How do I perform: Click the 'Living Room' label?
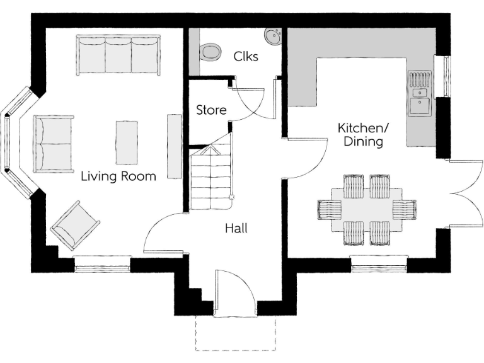(x=118, y=176)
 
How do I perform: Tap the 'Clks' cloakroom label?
(x=246, y=55)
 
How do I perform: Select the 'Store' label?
(x=211, y=110)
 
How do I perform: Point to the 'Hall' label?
(x=236, y=228)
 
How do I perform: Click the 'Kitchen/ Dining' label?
(x=363, y=134)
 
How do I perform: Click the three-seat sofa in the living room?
(x=118, y=55)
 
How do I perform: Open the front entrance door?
(x=234, y=291)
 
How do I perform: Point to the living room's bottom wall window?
(x=103, y=265)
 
